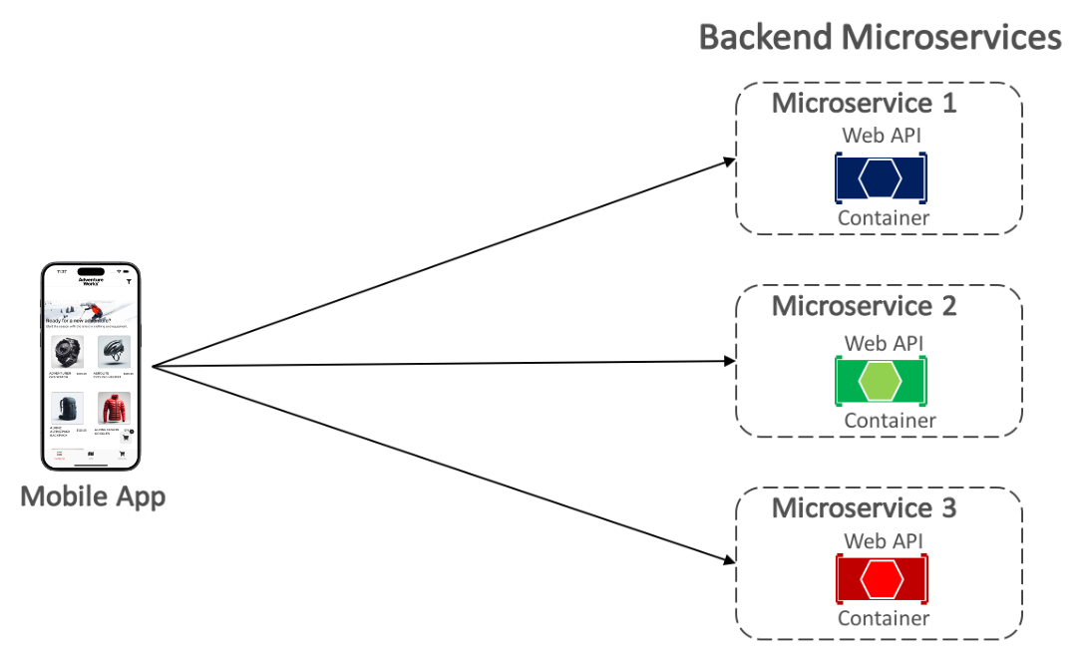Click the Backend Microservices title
[880, 37]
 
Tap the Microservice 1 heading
[864, 103]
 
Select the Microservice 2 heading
[864, 305]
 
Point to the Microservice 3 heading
[864, 507]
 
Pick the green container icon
[882, 381]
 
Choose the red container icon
[882, 579]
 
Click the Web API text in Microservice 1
[883, 135]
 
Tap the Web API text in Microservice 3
[883, 540]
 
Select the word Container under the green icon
[890, 421]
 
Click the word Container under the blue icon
[883, 218]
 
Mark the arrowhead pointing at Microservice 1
[728, 161]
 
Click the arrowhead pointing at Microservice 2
[728, 362]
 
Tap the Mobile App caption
[93, 495]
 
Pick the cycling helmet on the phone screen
[114, 352]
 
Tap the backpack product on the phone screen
[66, 410]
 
